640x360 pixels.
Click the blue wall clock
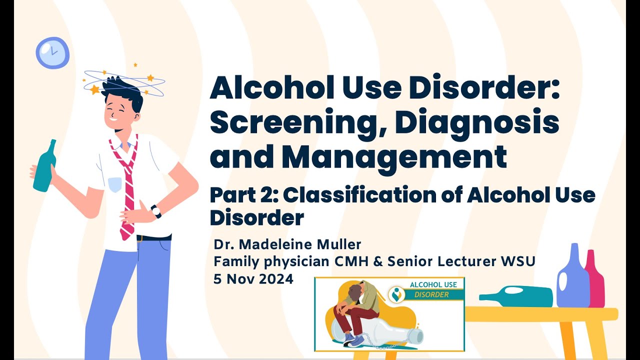[52, 52]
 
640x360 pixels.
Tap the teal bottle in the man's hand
[44, 167]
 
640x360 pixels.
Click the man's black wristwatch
[156, 211]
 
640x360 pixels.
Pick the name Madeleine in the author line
[273, 245]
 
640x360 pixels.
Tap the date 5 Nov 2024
[253, 279]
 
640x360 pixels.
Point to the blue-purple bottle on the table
[572, 280]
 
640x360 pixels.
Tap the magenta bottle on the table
[595, 280]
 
